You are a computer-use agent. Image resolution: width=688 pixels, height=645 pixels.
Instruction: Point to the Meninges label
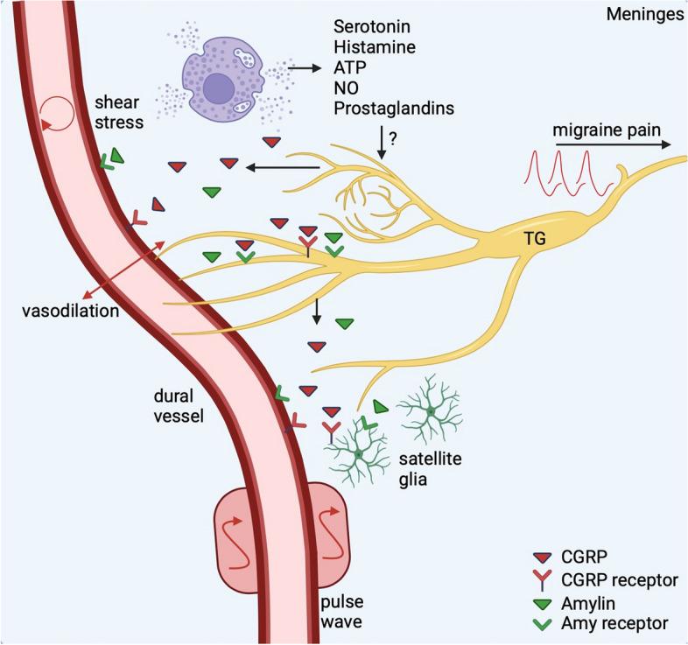[648, 15]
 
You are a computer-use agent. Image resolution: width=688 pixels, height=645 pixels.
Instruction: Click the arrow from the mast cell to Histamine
[303, 67]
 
